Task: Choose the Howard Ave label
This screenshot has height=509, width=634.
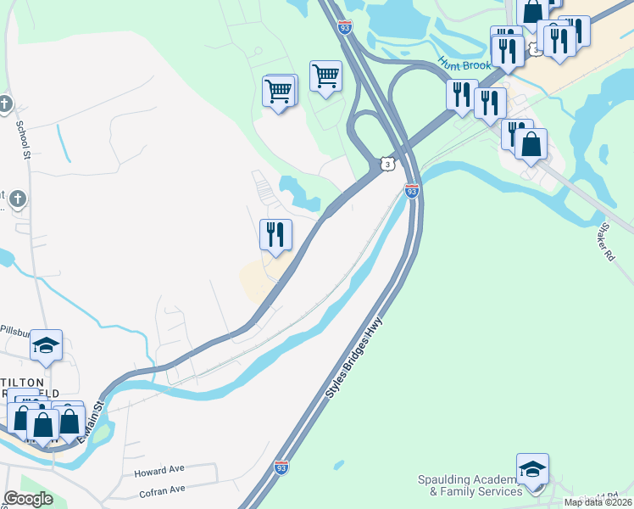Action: coord(158,469)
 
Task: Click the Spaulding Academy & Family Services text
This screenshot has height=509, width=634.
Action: coord(470,485)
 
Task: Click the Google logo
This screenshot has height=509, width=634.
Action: coord(28,499)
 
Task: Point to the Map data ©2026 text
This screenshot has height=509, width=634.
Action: coord(598,502)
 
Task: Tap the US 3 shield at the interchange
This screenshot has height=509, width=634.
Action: coord(387,163)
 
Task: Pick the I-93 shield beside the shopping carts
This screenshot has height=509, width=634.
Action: coord(344,27)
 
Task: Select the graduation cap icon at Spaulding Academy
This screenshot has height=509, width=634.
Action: coord(532,469)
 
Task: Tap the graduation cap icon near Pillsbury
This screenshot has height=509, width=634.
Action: coord(47,344)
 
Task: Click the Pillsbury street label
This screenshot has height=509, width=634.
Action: coord(14,330)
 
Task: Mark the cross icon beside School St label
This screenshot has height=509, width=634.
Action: coord(5,104)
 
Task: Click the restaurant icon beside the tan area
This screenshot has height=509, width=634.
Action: coord(275,234)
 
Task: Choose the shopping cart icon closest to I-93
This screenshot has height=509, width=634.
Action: coord(325,76)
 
